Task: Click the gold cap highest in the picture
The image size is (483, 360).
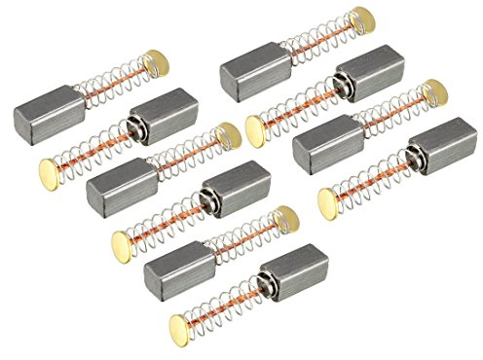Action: [362, 18]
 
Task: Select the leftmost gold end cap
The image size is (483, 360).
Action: [50, 172]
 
